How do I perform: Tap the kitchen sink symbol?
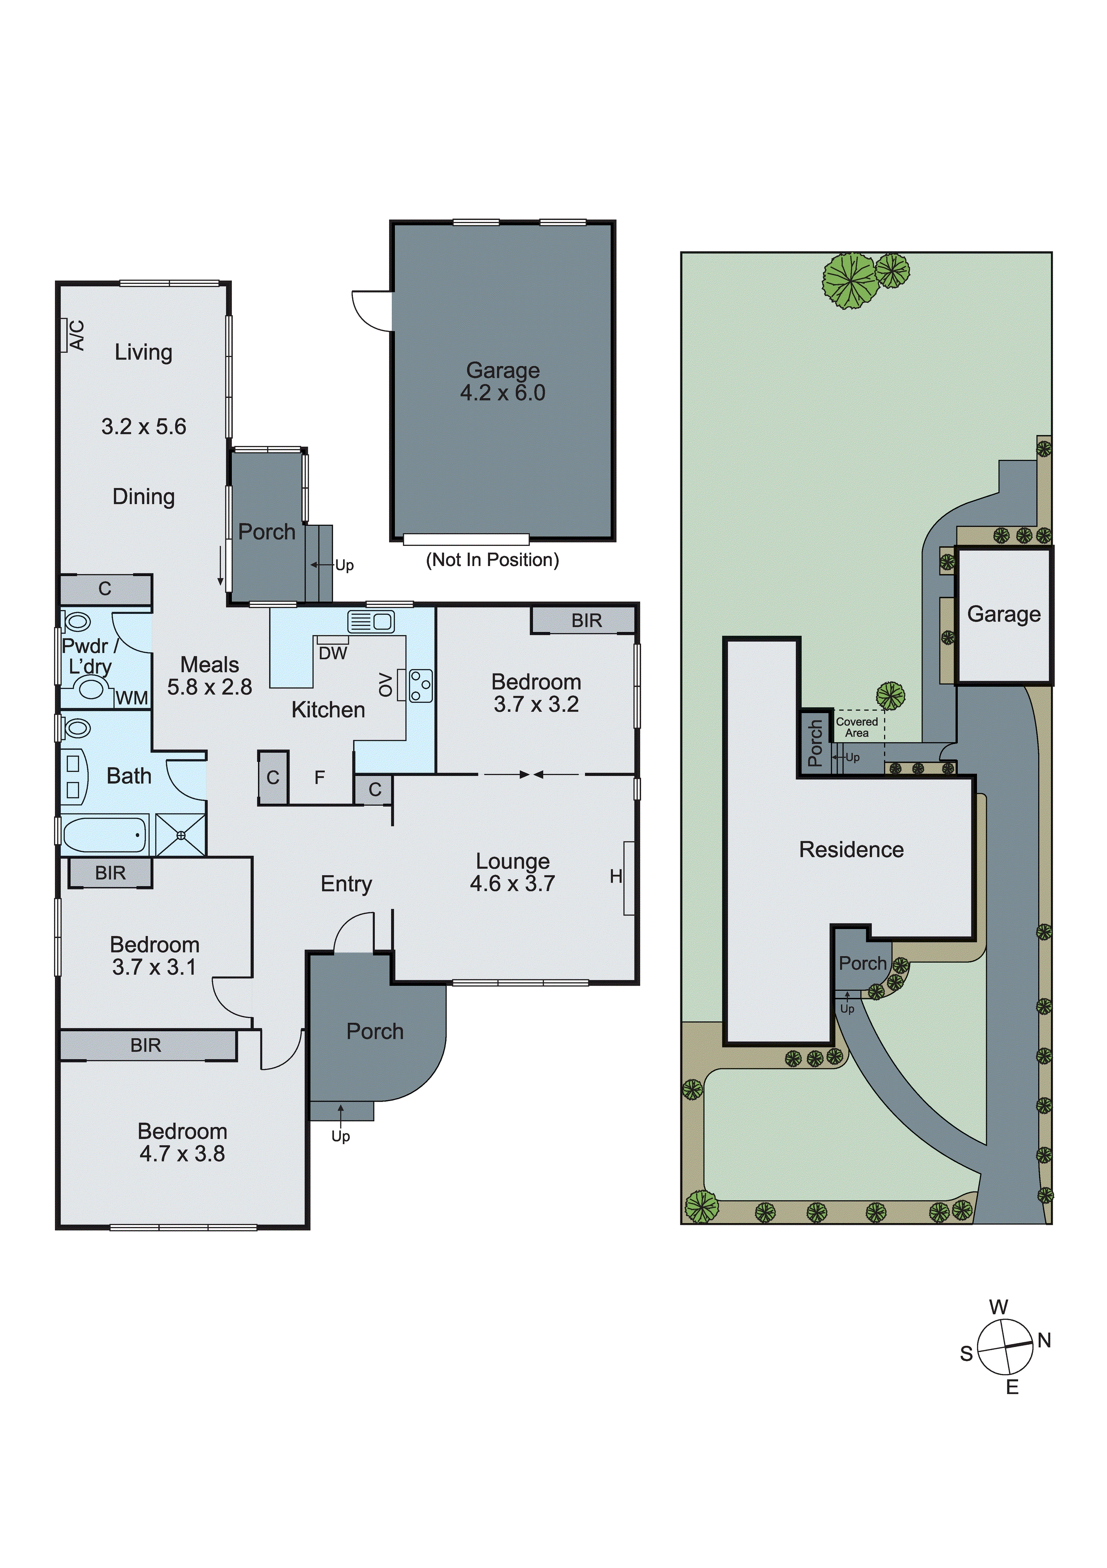click(x=371, y=621)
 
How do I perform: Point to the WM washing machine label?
click(x=132, y=697)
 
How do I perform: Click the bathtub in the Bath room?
click(x=105, y=834)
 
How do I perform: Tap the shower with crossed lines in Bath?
click(x=181, y=835)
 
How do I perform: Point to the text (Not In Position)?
click(x=492, y=559)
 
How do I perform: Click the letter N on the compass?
click(x=1044, y=1340)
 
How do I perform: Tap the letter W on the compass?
click(x=998, y=1307)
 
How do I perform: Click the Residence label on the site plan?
click(x=851, y=849)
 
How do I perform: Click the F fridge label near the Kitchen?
click(x=319, y=777)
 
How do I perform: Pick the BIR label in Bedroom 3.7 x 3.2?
click(x=586, y=620)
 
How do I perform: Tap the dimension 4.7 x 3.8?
click(x=182, y=1154)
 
